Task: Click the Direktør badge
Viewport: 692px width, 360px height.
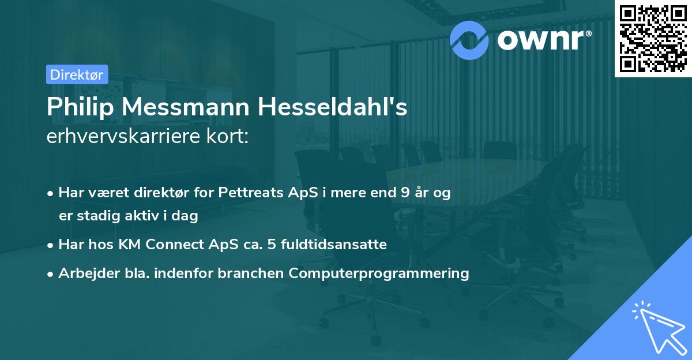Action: tap(76, 74)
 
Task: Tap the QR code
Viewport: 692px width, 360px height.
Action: tap(653, 38)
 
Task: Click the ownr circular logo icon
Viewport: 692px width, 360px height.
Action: tap(470, 38)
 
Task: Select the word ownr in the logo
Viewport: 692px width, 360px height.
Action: tap(542, 39)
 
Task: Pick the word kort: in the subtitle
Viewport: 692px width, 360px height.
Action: tap(228, 137)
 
